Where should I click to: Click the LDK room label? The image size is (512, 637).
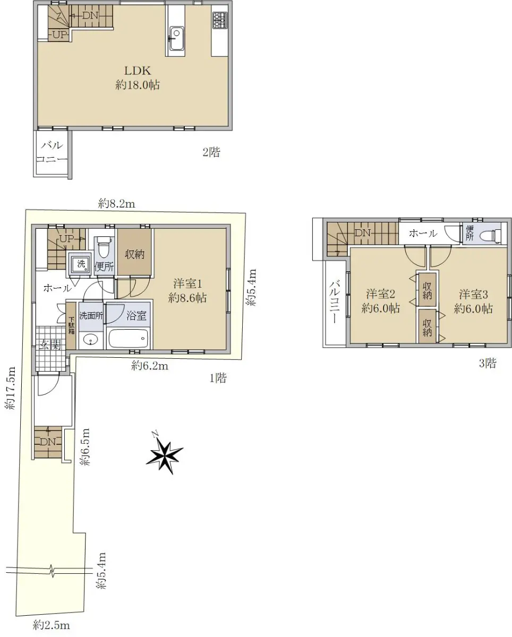[138, 71]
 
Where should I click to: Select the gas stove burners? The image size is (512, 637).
[220, 20]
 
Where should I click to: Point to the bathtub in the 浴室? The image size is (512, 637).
[128, 339]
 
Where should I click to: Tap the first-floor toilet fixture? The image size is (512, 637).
[104, 248]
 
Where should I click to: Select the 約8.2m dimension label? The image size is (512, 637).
[117, 204]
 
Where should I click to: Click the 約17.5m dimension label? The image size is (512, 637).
[11, 388]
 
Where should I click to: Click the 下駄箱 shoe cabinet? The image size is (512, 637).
[71, 325]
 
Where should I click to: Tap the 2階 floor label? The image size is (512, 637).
[211, 152]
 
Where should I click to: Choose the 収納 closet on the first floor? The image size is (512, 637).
[135, 252]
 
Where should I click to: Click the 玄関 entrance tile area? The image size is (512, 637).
[51, 348]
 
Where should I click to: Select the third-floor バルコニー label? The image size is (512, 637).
[335, 302]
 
